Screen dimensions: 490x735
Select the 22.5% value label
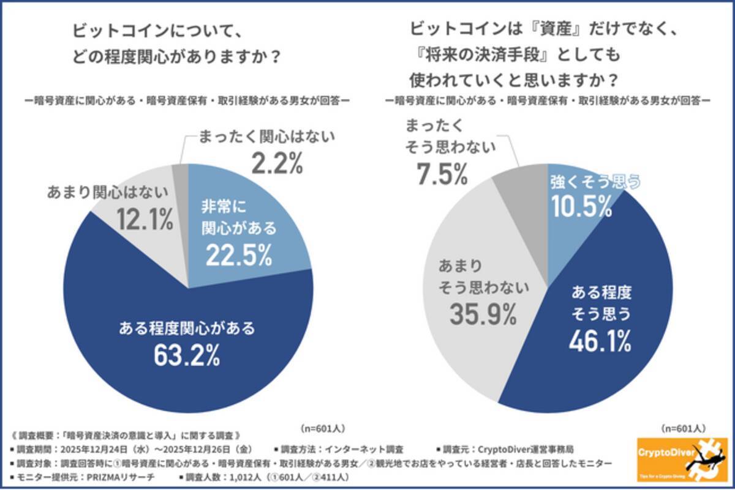(238, 256)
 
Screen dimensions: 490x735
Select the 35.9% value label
(483, 314)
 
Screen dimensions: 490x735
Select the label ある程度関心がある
(187, 329)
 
